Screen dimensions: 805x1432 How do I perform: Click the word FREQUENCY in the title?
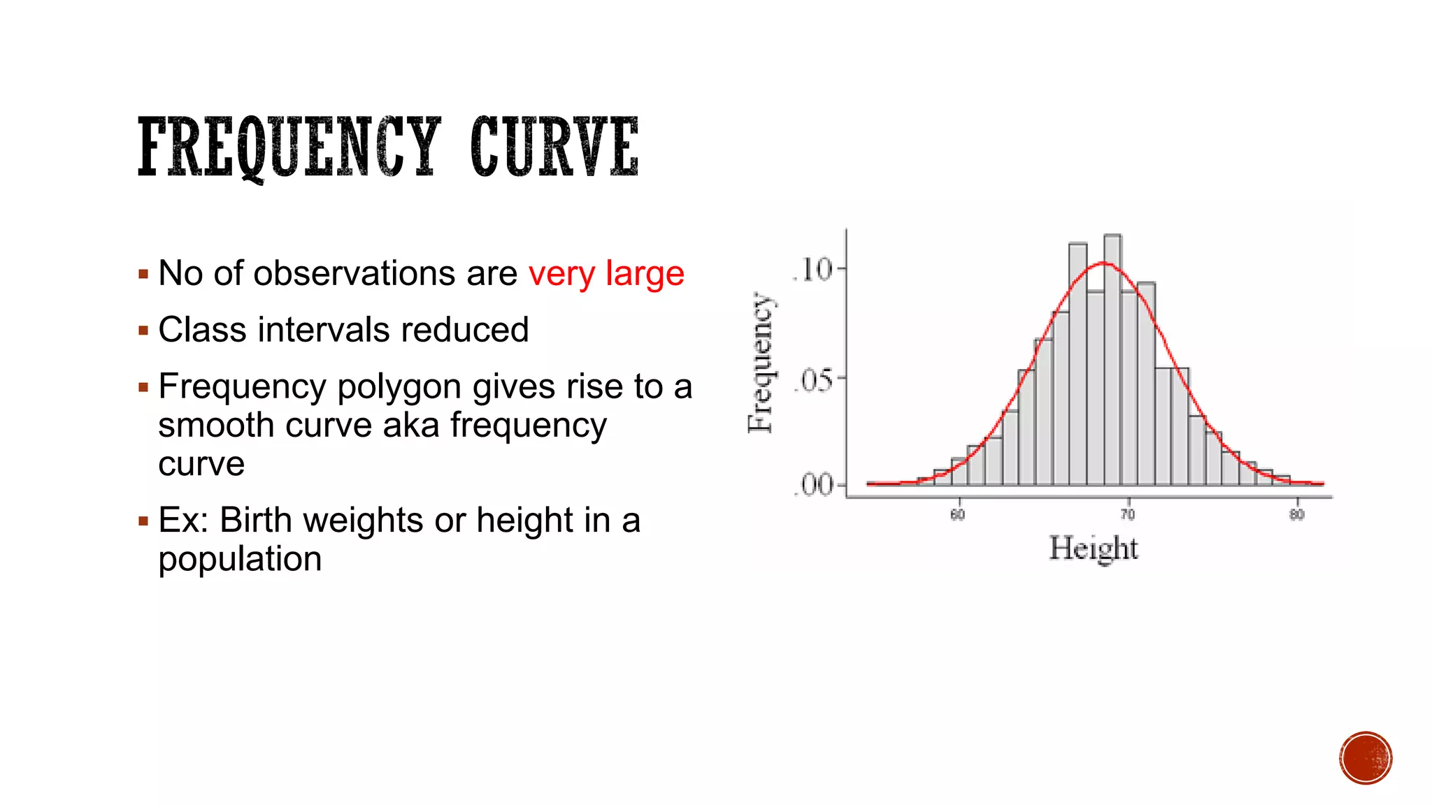coord(289,147)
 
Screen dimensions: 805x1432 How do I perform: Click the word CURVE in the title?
coord(554,147)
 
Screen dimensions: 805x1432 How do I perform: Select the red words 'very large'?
coord(606,273)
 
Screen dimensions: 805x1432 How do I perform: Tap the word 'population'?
coord(240,559)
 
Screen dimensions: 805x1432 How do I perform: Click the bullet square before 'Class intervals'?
coord(143,331)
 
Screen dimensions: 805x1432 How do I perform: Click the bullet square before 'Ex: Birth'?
coord(143,521)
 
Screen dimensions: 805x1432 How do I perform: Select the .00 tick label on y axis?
coord(814,485)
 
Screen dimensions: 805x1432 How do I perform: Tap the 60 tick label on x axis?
coord(957,515)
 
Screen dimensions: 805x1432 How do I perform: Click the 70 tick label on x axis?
coord(1127,515)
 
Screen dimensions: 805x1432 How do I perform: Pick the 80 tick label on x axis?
coord(1296,515)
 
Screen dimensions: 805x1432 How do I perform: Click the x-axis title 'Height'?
coord(1094,549)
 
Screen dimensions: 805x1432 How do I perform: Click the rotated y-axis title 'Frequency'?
coord(760,363)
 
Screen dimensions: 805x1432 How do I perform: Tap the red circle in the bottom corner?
coord(1366,758)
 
